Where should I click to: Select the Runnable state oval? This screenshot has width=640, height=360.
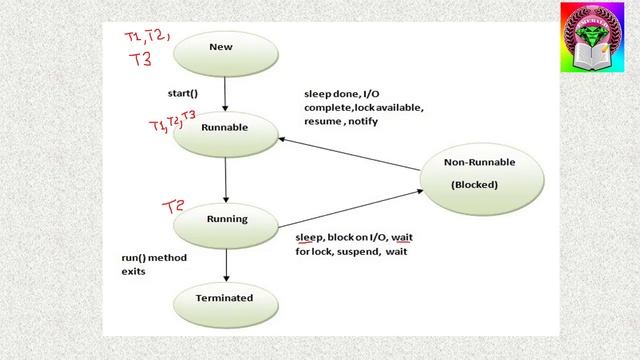click(225, 129)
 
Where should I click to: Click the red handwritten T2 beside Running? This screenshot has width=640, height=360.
click(175, 207)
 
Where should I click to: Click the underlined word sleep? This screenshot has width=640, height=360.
click(308, 237)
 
